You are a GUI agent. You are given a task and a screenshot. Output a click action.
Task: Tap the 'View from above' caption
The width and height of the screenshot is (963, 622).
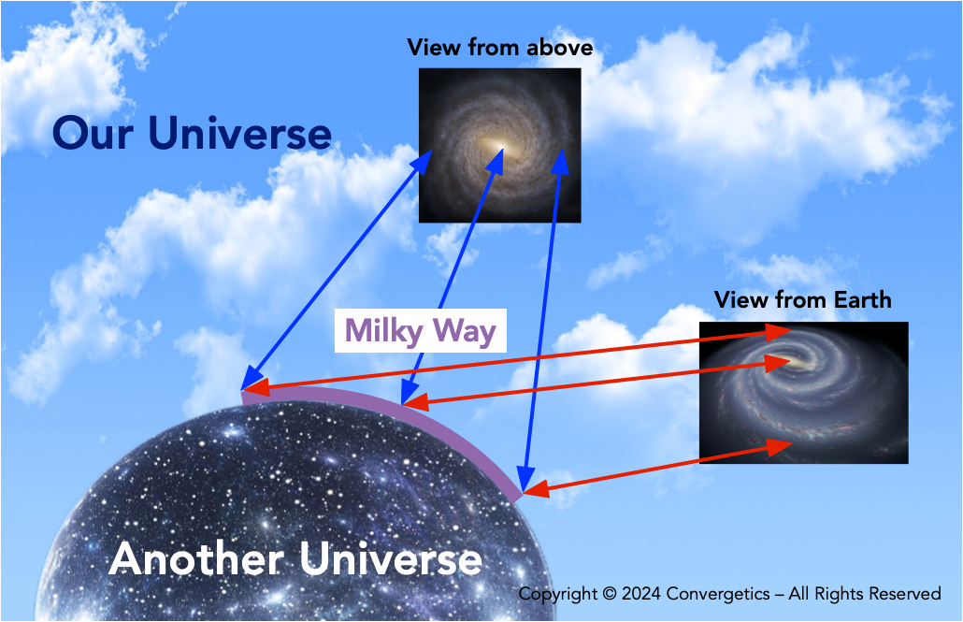499,47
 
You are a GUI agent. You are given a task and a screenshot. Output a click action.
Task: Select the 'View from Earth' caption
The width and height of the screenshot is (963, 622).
802,299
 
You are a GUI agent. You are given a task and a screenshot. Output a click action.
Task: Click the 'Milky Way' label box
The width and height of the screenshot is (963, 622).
420,330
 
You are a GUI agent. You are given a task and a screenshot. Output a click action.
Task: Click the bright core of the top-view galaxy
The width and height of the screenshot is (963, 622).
497,147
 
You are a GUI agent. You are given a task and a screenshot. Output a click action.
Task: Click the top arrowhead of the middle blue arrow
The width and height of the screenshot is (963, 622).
496,156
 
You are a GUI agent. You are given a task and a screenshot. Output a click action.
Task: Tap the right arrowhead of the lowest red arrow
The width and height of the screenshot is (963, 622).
782,445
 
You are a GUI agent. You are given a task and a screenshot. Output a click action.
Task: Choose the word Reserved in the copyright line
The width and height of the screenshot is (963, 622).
904,594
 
